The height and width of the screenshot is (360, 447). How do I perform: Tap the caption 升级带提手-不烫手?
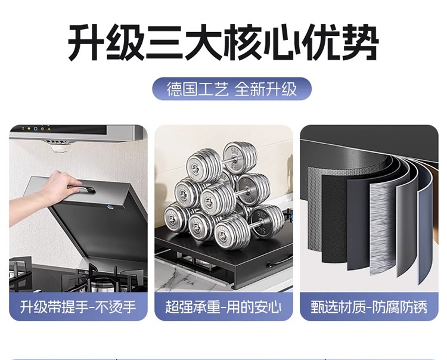coord(78,308)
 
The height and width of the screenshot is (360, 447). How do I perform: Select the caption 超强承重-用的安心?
coord(223,308)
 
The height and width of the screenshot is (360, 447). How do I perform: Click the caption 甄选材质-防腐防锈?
coord(369,308)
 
